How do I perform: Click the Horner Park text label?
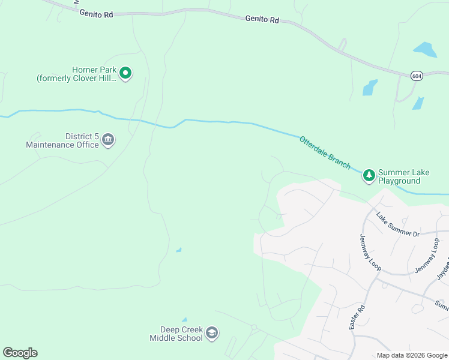coord(76,74)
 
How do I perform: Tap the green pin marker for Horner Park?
coord(125,73)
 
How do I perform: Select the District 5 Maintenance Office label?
coord(62,141)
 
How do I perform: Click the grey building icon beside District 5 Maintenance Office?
coord(108,140)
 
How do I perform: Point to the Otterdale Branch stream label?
coord(325,152)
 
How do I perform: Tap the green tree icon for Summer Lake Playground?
coord(369,175)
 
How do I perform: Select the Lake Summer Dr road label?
coord(398,224)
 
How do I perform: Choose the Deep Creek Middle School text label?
coord(176,334)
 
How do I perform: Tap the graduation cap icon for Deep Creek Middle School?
coord(211,332)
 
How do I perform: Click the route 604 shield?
coord(417,76)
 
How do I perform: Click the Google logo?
coord(20,353)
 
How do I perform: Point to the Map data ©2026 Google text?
coord(411,355)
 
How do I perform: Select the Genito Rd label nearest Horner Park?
coord(96,14)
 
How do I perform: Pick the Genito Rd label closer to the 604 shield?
coord(262,19)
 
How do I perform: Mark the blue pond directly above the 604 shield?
coord(425,49)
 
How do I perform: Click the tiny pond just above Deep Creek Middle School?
coord(184,320)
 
